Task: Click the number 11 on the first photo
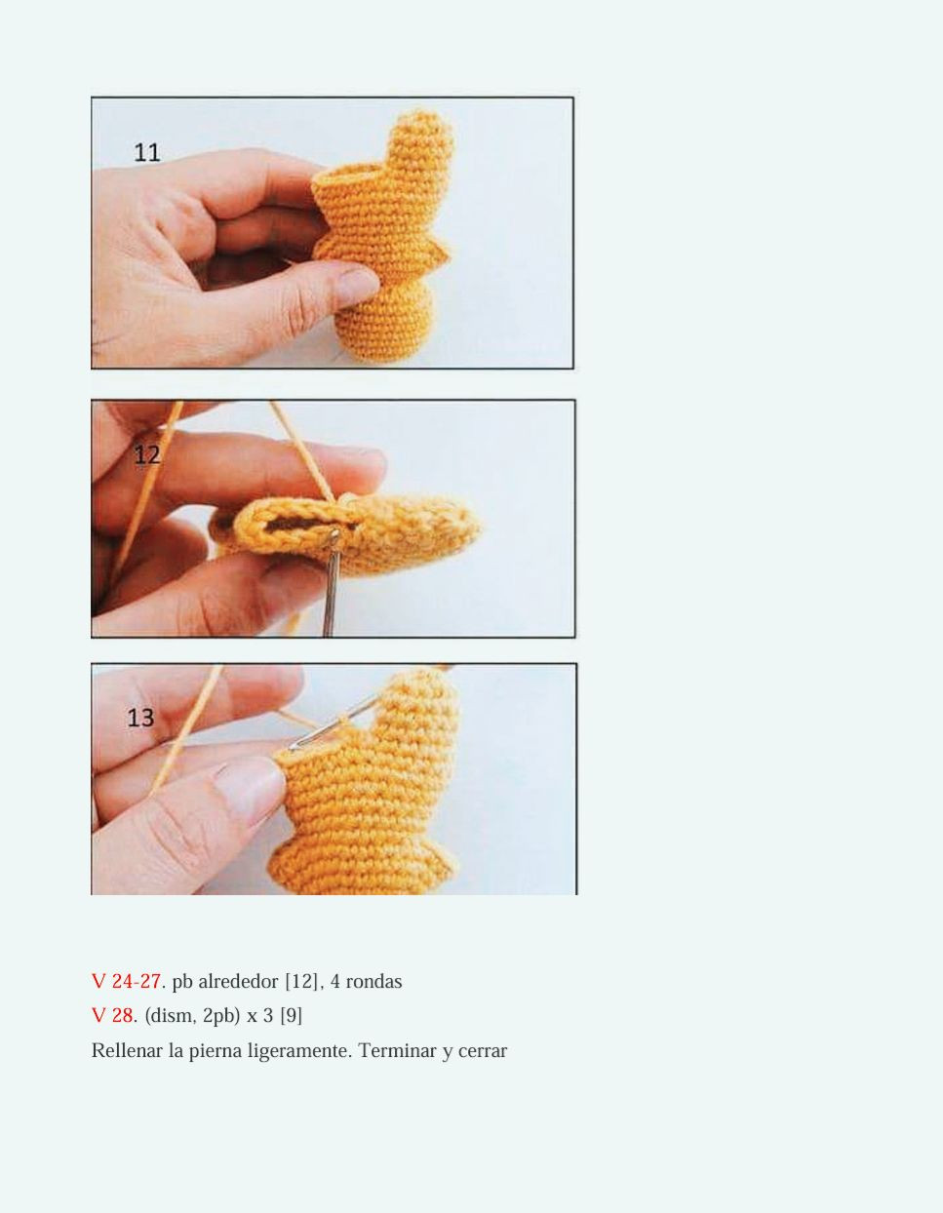pyautogui.click(x=147, y=152)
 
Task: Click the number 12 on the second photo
pyautogui.click(x=146, y=454)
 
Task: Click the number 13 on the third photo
pyautogui.click(x=140, y=718)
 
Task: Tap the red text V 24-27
pyautogui.click(x=127, y=981)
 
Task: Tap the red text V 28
pyautogui.click(x=113, y=1015)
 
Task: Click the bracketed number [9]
pyautogui.click(x=291, y=1015)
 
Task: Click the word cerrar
pyautogui.click(x=480, y=1050)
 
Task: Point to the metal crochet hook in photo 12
pyautogui.click(x=330, y=585)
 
